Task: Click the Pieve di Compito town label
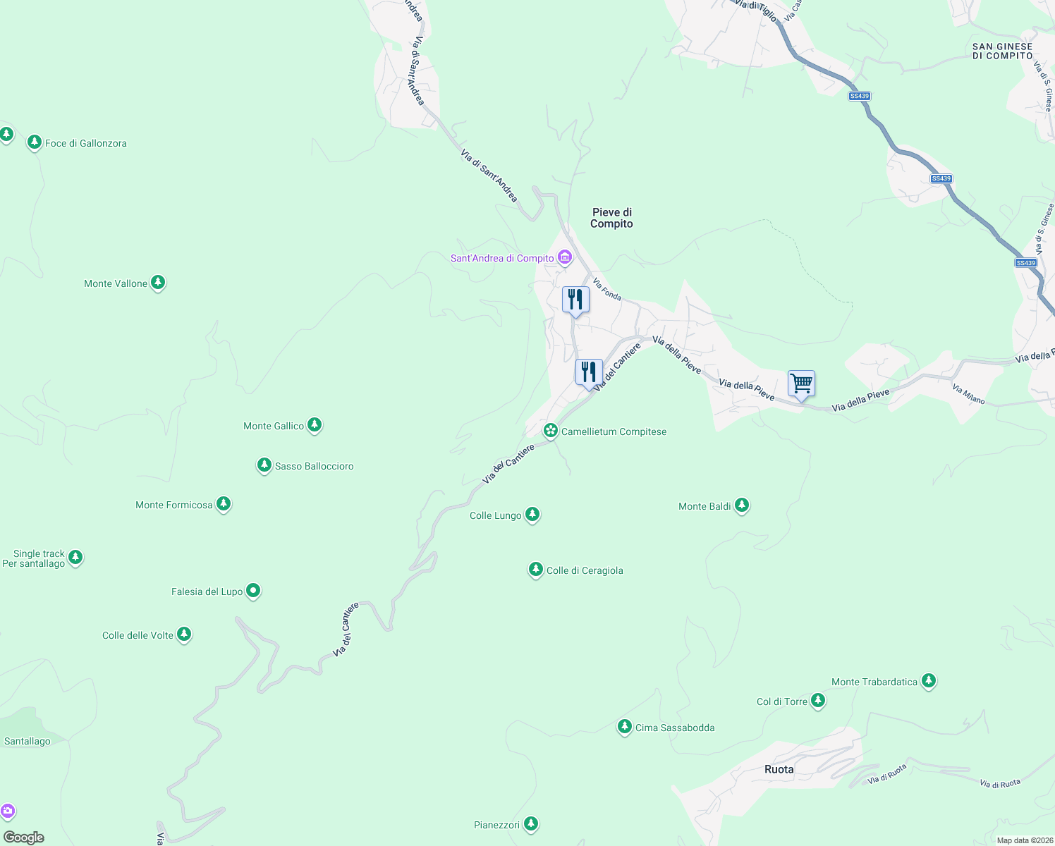pos(611,218)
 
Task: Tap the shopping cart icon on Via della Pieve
pos(801,384)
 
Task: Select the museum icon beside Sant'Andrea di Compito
pos(565,257)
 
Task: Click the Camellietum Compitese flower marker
pos(551,430)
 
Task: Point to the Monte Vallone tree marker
pos(158,283)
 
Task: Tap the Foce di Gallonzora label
pos(86,143)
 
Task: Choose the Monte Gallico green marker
pos(315,424)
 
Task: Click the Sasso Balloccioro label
pos(314,466)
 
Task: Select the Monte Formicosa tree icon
pos(224,503)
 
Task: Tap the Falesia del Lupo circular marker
pos(253,591)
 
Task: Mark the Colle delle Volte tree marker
pos(184,634)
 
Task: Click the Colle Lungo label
pos(495,515)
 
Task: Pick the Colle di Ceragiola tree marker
pos(535,569)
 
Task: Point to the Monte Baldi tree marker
pos(741,505)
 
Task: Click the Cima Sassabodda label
pos(675,728)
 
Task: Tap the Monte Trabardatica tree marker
pos(929,680)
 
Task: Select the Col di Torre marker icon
pos(818,700)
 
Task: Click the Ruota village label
pos(779,769)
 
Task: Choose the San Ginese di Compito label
pos(1002,51)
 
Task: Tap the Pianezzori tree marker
pos(531,823)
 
